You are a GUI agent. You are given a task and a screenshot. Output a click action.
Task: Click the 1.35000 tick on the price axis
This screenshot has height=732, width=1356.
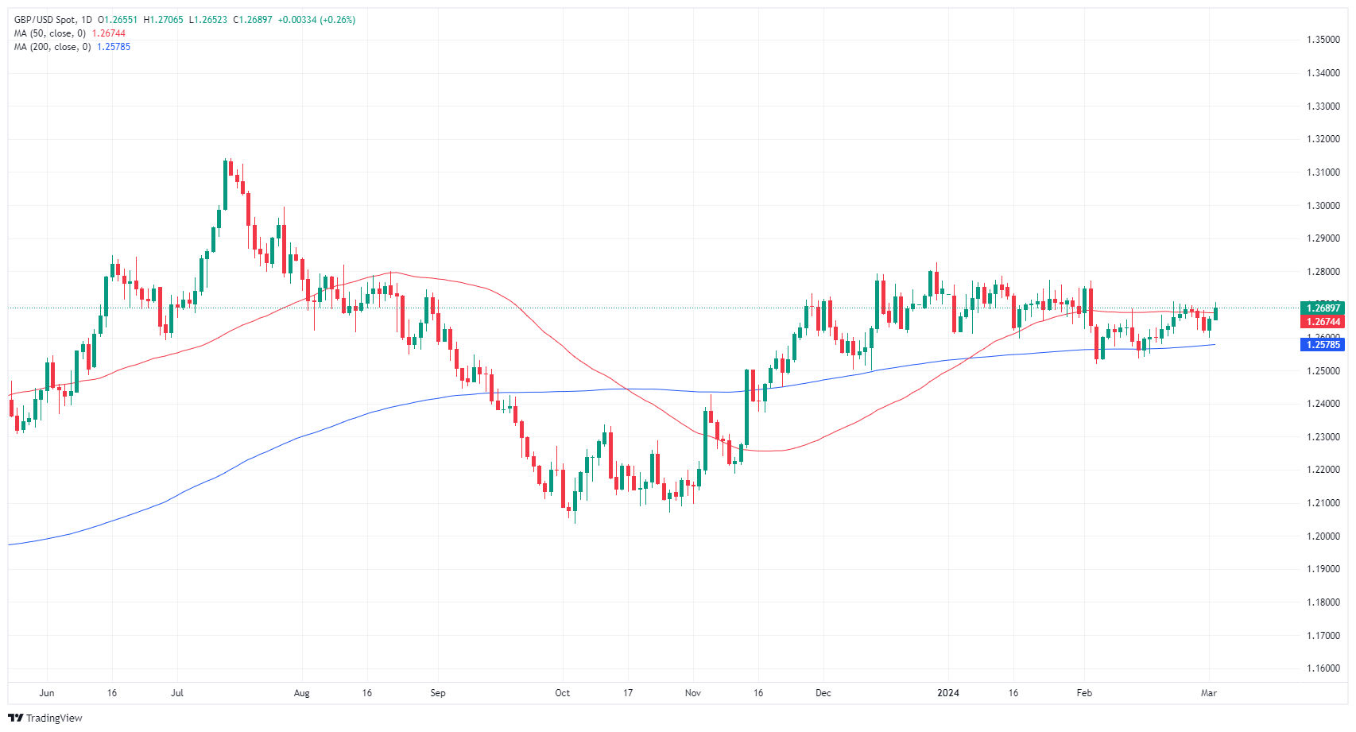(x=1323, y=40)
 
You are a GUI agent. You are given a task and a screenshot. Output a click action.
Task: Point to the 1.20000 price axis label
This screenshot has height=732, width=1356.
(x=1323, y=536)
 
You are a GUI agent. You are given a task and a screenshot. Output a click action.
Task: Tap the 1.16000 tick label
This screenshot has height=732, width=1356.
(x=1323, y=668)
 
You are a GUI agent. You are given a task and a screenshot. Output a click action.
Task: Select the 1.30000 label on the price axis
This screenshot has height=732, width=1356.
(x=1323, y=205)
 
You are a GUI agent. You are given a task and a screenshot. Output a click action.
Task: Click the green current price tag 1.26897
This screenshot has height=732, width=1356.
(x=1323, y=308)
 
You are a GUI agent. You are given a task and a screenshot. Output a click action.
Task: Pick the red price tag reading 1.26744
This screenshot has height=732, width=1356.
(x=1323, y=322)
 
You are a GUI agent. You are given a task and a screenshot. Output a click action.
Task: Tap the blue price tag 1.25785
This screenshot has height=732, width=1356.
(x=1323, y=344)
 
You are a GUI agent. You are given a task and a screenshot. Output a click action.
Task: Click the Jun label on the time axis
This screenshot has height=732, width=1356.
(x=47, y=693)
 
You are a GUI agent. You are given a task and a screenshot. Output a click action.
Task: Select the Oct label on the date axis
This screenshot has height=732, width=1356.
(x=562, y=693)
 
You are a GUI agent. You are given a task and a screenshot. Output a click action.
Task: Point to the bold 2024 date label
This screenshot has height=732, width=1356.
(x=947, y=693)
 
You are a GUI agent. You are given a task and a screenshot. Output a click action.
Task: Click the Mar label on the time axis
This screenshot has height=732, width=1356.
(x=1208, y=693)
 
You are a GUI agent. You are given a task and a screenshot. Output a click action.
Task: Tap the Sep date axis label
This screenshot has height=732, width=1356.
(x=438, y=693)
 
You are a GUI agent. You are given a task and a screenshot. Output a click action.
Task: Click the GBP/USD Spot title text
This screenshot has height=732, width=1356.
(x=45, y=20)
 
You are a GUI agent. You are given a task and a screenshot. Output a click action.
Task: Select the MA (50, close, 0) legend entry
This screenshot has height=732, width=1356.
(x=49, y=33)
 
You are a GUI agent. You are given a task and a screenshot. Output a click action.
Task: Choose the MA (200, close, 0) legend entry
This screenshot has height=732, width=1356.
(x=52, y=47)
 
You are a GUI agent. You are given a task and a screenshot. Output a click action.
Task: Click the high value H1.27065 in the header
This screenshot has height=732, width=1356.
(x=163, y=20)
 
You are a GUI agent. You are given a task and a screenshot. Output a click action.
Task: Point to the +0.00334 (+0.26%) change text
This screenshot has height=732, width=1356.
(x=316, y=20)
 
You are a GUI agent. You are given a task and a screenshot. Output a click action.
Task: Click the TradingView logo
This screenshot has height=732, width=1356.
(x=45, y=718)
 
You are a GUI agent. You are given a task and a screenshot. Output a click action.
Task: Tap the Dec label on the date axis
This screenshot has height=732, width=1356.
(x=823, y=693)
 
